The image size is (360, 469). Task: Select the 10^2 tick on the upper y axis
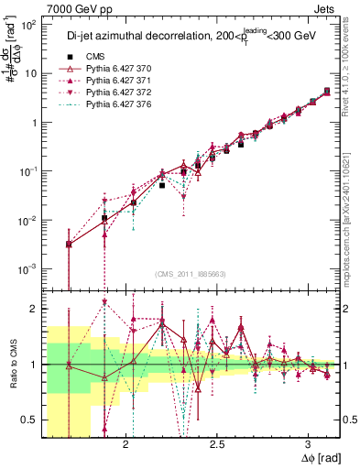29,25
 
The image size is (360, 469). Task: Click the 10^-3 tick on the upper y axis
29,268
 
